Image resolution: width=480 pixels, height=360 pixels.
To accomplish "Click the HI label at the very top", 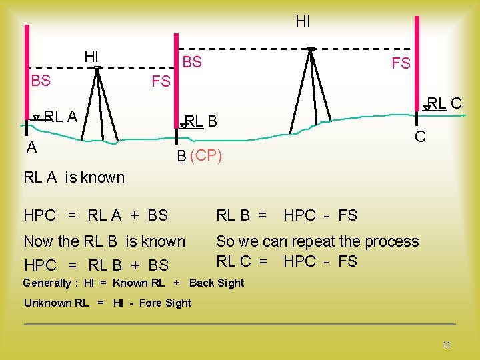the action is click(x=303, y=22).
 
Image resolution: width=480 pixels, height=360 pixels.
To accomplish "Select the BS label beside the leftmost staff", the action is click(x=41, y=81).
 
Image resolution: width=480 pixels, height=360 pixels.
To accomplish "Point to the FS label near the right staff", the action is click(x=401, y=64).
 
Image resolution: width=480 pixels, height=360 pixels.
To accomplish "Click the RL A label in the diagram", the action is click(x=61, y=117).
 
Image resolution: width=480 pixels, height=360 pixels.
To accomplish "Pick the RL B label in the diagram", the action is click(x=201, y=121).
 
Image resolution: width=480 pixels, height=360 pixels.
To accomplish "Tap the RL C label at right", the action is click(x=445, y=103).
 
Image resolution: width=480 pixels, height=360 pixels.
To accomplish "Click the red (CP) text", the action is click(x=206, y=157).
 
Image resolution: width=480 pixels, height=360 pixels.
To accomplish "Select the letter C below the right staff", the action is click(x=420, y=137).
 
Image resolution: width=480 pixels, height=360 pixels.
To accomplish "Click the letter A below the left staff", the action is click(x=31, y=148).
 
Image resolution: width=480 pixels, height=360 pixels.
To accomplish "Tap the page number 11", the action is click(x=447, y=345).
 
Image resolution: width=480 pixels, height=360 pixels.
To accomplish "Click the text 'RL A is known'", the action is click(x=74, y=177).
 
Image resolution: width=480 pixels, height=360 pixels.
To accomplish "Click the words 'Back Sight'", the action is click(x=217, y=283).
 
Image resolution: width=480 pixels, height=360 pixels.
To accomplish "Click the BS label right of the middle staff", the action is click(x=192, y=63).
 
